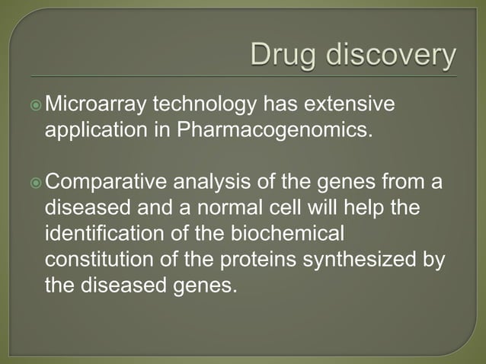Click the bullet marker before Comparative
tap(37, 184)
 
